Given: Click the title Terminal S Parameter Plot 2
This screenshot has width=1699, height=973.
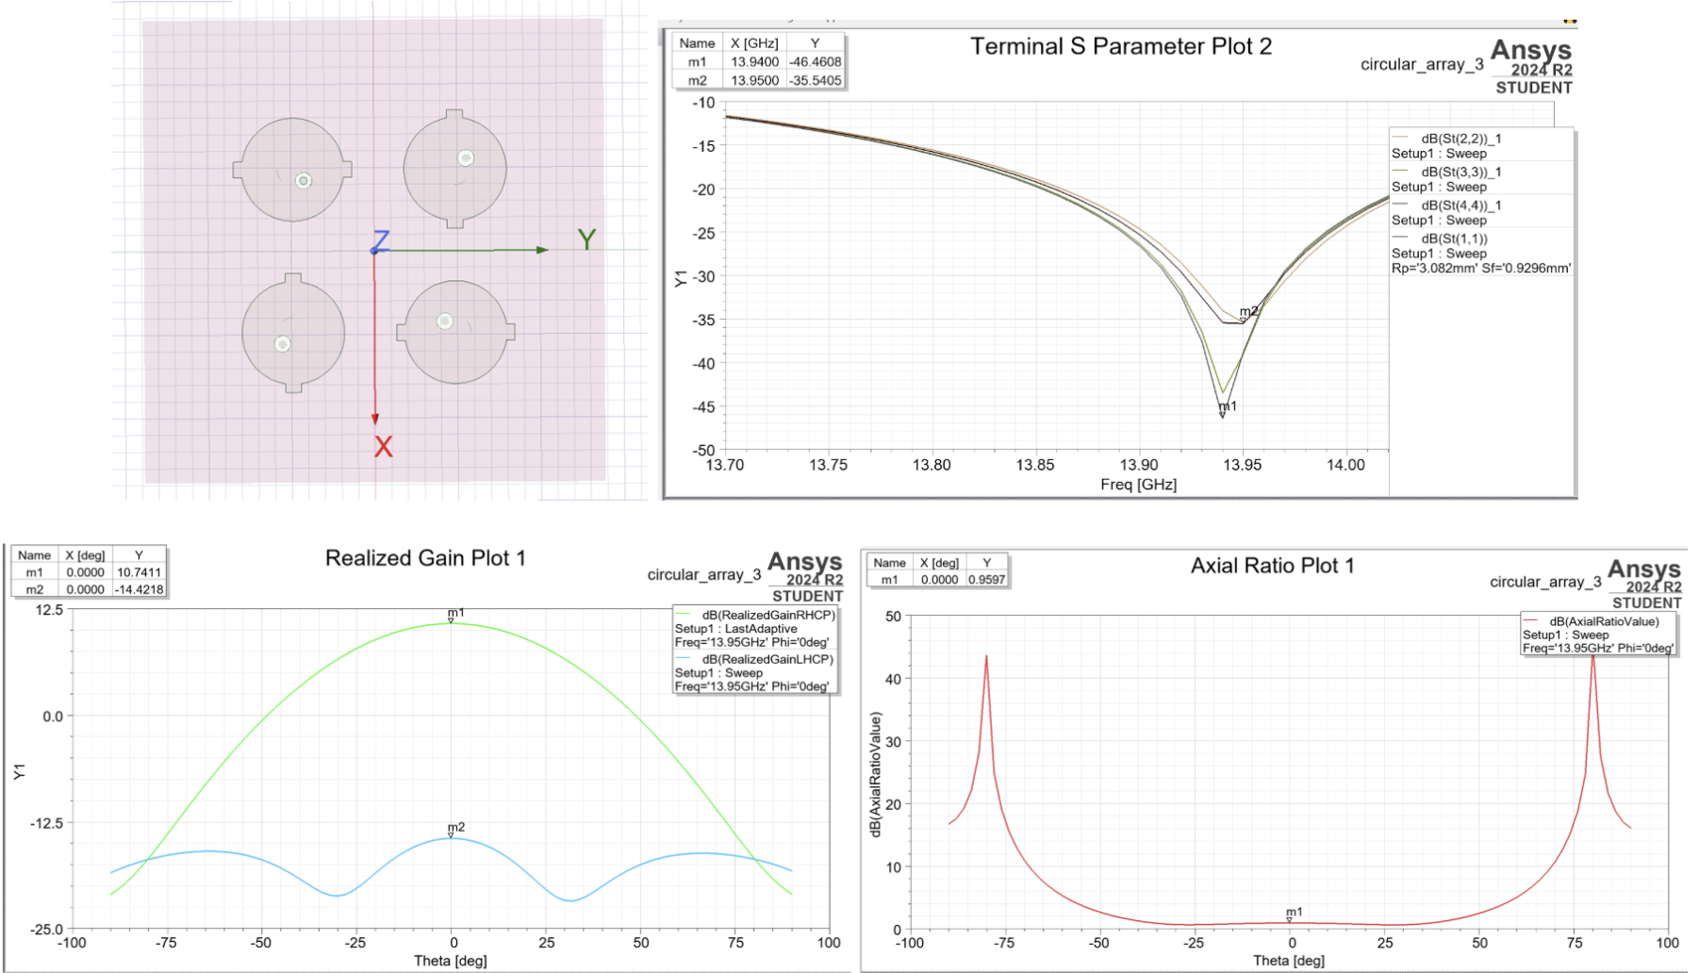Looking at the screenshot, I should coord(1121,47).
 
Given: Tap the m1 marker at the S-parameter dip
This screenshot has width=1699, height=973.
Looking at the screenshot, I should coord(1223,413).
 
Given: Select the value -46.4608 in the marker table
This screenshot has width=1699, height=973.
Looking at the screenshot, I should coord(815,62).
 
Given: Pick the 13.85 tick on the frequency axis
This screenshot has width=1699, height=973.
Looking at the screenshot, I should coord(1034,465).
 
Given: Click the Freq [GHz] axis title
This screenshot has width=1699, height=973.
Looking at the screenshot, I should coord(1138,485).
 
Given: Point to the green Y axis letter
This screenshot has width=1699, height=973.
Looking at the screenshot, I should coord(586,239).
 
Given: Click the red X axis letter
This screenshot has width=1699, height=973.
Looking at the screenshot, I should coord(383,447).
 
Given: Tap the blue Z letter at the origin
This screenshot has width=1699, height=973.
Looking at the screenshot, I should coord(381,240).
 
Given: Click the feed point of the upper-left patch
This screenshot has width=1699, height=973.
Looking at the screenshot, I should coord(304,181).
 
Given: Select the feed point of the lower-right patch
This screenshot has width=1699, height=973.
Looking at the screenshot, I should coord(445,322).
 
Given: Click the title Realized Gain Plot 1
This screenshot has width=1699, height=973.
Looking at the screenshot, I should coord(425,558).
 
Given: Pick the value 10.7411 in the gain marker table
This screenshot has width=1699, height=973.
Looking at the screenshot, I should coord(139,572).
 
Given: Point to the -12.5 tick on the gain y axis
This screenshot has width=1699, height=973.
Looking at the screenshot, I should coord(45,823).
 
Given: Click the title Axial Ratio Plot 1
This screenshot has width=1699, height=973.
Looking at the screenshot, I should coord(1272,566).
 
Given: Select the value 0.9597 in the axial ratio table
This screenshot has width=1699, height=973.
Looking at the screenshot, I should coord(986,580).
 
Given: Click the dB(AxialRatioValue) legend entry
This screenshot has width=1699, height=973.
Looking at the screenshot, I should coord(1603,621).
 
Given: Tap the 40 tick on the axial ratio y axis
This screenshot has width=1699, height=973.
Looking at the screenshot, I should coord(892,679).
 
